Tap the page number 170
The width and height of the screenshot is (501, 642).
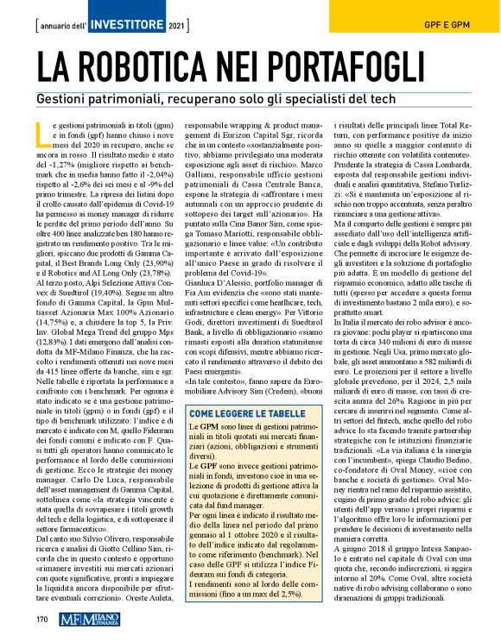(x=41, y=619)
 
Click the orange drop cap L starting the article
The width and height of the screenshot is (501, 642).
(x=39, y=134)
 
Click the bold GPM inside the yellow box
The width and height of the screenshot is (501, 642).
(x=210, y=427)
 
